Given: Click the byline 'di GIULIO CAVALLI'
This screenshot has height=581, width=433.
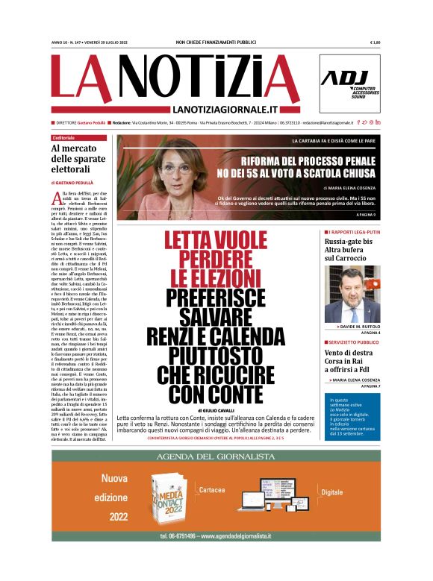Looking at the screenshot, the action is pos(217,411).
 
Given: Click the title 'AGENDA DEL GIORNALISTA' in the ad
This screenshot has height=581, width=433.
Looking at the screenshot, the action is pos(216,456).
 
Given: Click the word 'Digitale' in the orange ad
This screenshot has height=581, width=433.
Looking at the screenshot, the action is pos(331,493).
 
